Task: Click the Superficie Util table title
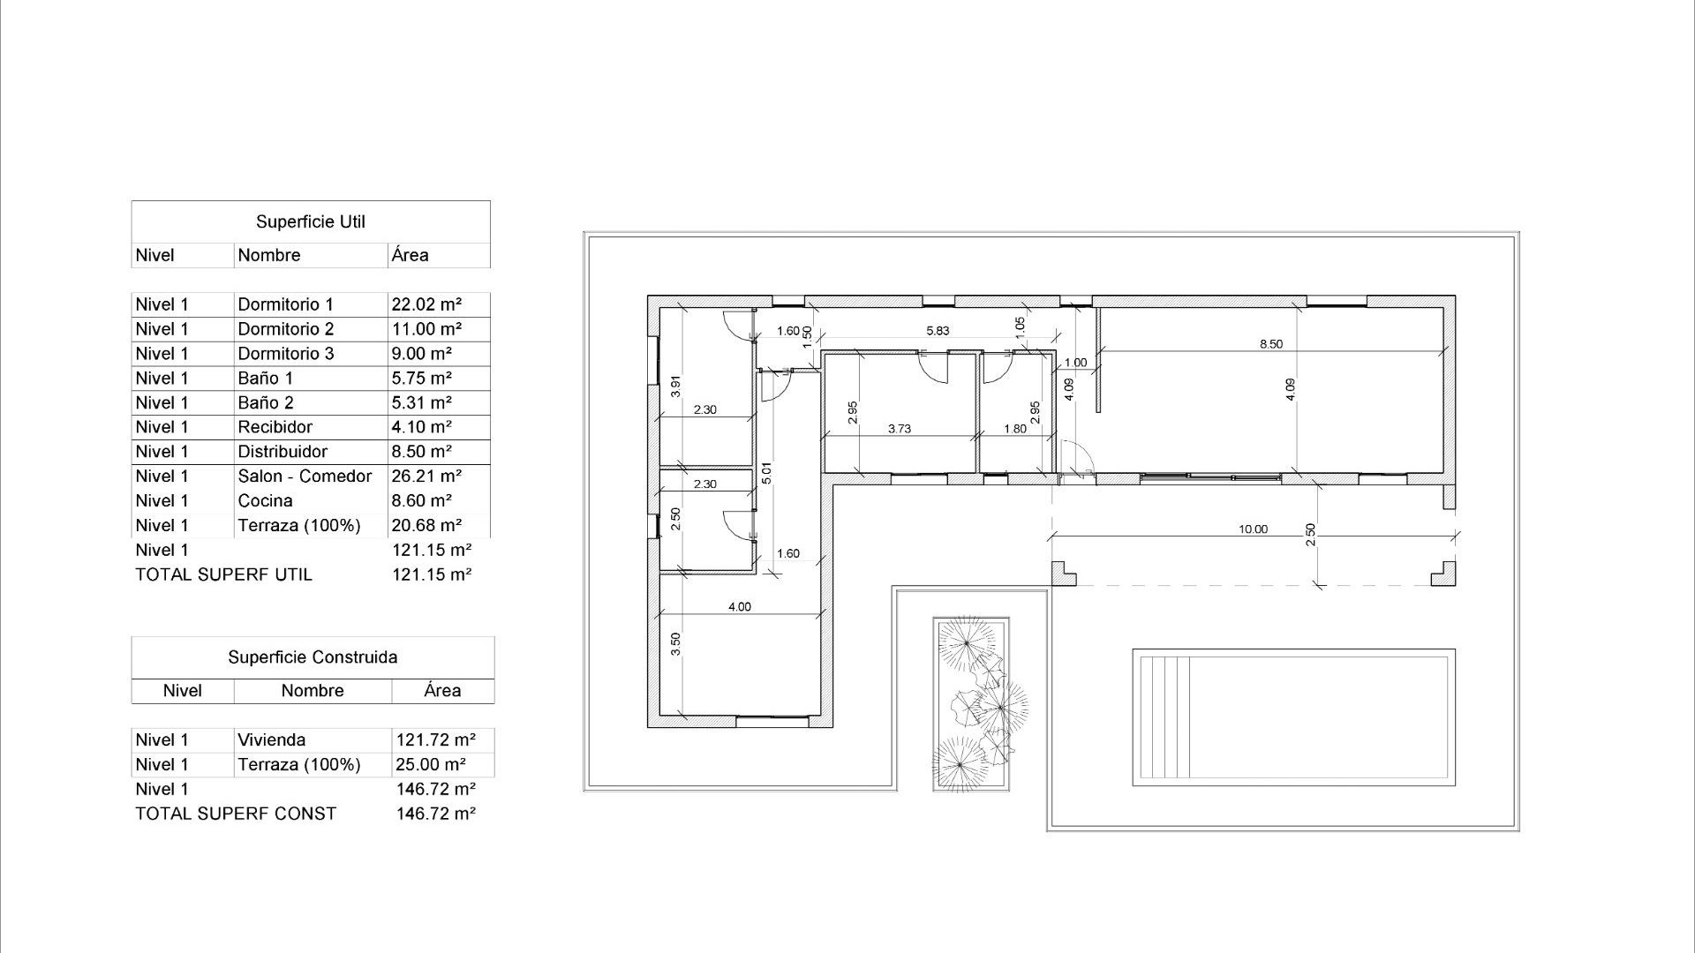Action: coord(310,221)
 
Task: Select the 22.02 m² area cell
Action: coord(426,304)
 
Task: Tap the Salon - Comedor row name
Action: coord(305,476)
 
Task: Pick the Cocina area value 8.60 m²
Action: coord(421,500)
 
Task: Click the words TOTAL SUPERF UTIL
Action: coord(223,574)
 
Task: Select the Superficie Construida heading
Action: coord(313,657)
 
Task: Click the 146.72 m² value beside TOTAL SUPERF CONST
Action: coord(436,814)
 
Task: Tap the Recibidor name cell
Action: coord(275,427)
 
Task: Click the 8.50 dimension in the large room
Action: coord(1270,344)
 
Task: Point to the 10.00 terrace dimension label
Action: coord(1253,529)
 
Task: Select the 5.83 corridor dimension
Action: coord(938,331)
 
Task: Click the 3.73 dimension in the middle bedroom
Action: coord(899,429)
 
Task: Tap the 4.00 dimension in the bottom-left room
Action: coord(739,607)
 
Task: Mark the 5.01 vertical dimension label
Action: coord(766,473)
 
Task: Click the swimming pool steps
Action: coord(1164,717)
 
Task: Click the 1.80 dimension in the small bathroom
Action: coord(1015,429)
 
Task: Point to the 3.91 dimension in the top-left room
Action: coord(675,386)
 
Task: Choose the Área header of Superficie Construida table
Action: coord(442,691)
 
